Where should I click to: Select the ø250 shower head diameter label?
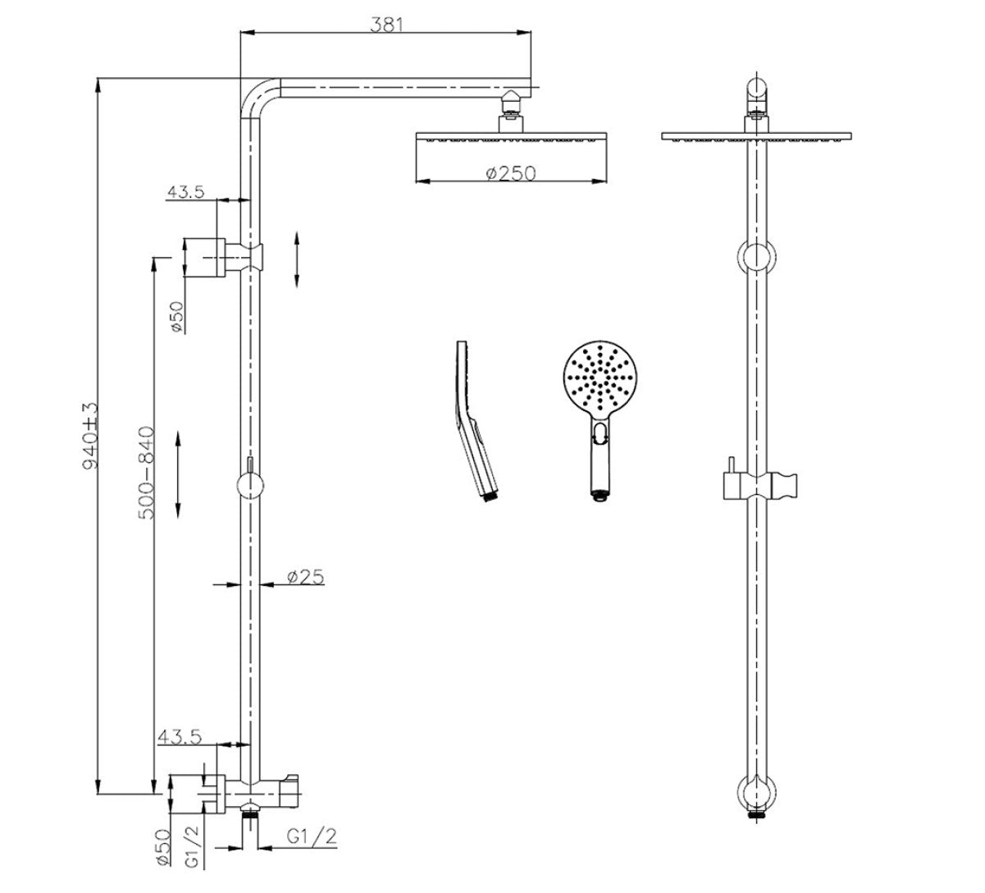[509, 173]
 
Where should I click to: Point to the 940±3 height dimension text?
[90, 435]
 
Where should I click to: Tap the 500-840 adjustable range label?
[146, 472]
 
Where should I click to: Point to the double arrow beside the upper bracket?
[297, 259]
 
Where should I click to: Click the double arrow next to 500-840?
[179, 472]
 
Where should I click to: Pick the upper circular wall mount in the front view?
[755, 257]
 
